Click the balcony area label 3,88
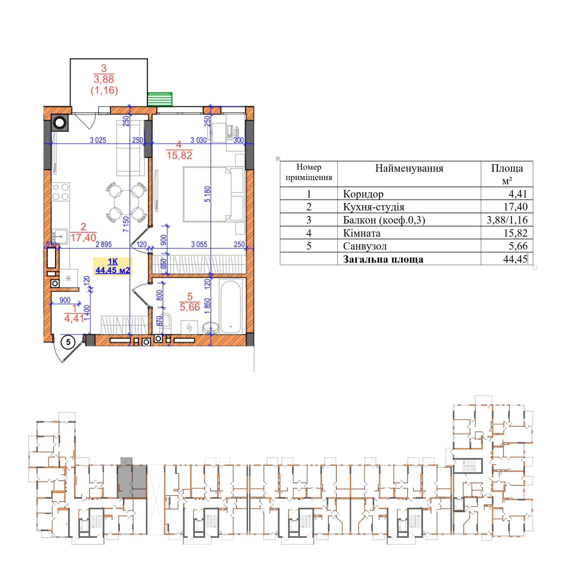coord(104,79)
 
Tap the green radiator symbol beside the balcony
coord(160,99)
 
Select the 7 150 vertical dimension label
coord(126,224)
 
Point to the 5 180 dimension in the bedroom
coord(207,194)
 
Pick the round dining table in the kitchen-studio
coord(126,202)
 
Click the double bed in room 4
coord(214,194)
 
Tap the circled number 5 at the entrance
coord(68,342)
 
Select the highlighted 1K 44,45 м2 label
coord(113,266)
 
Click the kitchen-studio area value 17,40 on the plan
coord(83,237)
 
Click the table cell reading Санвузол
coord(365,246)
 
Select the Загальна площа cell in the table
coord(383,259)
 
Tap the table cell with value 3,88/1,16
coord(507,220)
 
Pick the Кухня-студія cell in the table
coord(374,207)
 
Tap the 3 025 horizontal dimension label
coord(98,140)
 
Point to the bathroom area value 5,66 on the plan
coord(190,307)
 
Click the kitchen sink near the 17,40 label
coord(60,236)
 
